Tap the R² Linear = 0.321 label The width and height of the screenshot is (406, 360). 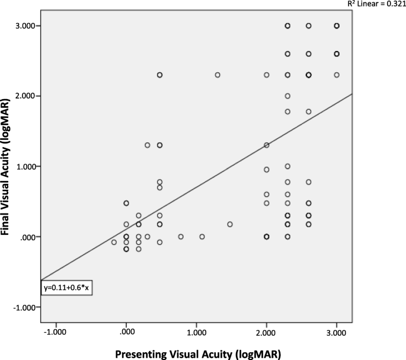[376, 4]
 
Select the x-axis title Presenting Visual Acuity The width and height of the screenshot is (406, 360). [197, 354]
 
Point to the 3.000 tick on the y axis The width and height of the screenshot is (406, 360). [29, 26]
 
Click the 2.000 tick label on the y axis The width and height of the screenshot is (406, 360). [29, 96]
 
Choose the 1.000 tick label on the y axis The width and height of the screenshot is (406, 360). [29, 167]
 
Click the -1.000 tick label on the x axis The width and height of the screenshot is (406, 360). [55, 334]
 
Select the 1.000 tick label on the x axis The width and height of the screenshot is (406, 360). [196, 334]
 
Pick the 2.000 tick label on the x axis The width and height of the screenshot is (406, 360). [266, 334]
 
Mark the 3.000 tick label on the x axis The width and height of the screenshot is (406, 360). [337, 334]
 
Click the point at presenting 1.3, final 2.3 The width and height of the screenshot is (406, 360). [218, 75]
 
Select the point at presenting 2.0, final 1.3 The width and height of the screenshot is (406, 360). [267, 145]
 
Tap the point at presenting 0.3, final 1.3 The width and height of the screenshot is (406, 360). [148, 145]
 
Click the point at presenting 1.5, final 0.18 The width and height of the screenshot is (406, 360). [230, 224]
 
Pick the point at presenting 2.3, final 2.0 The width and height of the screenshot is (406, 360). [287, 96]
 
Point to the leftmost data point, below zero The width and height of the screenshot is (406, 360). [114, 242]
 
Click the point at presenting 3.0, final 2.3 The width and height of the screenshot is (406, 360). [337, 75]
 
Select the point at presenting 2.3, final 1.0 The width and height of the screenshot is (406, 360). [287, 167]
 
